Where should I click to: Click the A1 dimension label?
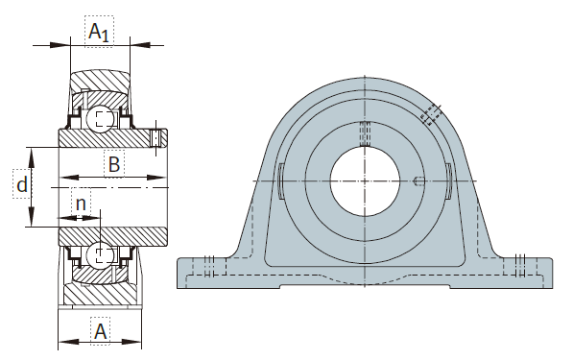[x=99, y=32]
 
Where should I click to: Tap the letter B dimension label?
[x=114, y=164]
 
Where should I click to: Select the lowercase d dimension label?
[x=22, y=184]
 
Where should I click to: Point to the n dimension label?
[x=81, y=204]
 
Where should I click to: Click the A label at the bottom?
[x=100, y=331]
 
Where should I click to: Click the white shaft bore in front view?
[x=365, y=181]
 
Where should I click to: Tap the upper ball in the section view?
[x=100, y=119]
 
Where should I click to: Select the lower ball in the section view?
[x=100, y=254]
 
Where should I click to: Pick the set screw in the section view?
[x=156, y=138]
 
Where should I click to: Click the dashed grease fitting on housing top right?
[x=431, y=114]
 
